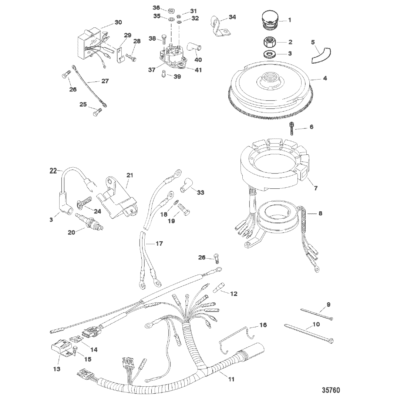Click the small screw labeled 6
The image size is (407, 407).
click(292, 128)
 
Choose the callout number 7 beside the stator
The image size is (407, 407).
click(316, 188)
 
